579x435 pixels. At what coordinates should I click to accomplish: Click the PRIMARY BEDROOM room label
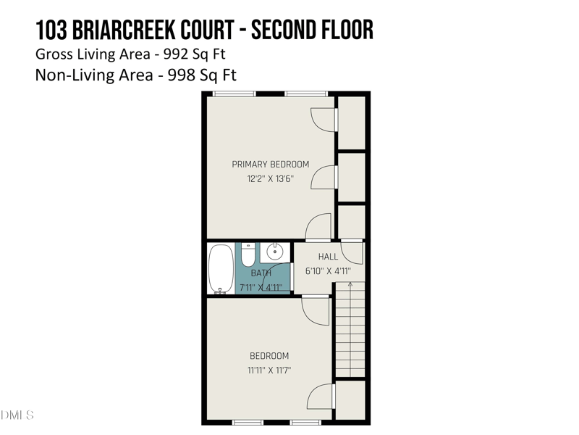pyautogui.click(x=270, y=165)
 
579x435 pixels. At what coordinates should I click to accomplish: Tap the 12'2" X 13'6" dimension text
pyautogui.click(x=270, y=179)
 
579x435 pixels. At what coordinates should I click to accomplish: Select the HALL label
pyautogui.click(x=328, y=257)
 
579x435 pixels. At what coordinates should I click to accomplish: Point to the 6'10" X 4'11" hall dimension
pyautogui.click(x=328, y=271)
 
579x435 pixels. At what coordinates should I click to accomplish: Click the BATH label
pyautogui.click(x=261, y=273)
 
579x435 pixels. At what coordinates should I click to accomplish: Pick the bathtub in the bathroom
pyautogui.click(x=219, y=268)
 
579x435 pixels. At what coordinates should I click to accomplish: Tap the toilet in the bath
pyautogui.click(x=248, y=254)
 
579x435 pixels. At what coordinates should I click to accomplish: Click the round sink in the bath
pyautogui.click(x=275, y=252)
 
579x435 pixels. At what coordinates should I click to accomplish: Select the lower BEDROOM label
pyautogui.click(x=269, y=356)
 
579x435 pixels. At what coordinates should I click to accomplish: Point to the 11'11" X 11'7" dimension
pyautogui.click(x=269, y=370)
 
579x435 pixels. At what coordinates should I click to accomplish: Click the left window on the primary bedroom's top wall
pyautogui.click(x=234, y=94)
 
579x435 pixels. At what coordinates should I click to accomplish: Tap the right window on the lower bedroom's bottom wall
pyautogui.click(x=305, y=422)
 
